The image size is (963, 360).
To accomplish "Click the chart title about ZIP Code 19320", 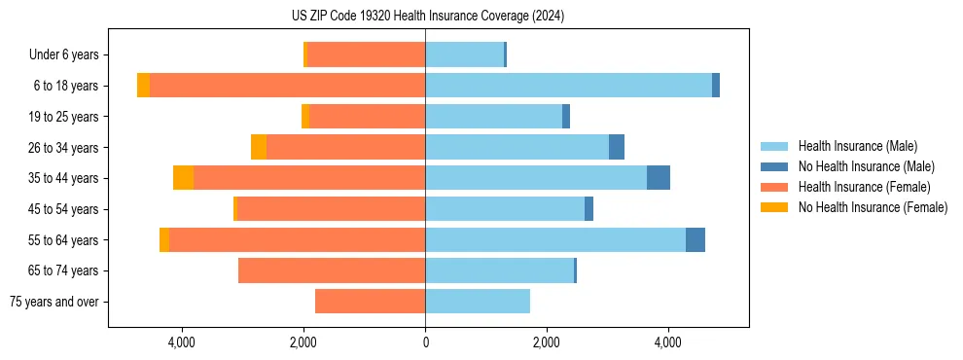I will coord(427,17).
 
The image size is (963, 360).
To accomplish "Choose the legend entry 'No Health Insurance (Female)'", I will coord(873,207).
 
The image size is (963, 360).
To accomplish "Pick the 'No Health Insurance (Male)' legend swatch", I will coord(774,166).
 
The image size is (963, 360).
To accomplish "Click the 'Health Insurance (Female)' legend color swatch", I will coord(774,187).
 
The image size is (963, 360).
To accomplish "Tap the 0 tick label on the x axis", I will coord(425,343).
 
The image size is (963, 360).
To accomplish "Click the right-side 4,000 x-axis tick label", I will coord(668,343).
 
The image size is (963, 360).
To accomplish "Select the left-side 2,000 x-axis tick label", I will coord(303,343).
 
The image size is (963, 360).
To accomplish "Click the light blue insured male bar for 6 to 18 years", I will coord(568,86).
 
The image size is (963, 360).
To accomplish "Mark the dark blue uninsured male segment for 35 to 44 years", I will coord(659,178).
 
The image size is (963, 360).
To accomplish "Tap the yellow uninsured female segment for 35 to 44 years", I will coord(183,178).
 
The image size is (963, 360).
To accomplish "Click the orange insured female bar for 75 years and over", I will coord(370,302).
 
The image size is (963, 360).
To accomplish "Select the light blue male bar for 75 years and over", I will coord(478,302).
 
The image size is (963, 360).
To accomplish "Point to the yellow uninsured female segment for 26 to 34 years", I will coord(259,147).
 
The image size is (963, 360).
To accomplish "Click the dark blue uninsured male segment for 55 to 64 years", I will coord(695,239).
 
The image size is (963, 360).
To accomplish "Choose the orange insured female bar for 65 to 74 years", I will coord(332,270).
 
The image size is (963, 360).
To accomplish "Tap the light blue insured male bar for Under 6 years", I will coord(464,55).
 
